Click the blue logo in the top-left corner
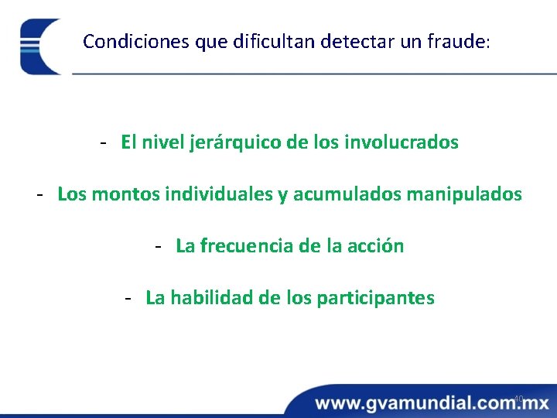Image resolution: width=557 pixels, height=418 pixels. coord(40,46)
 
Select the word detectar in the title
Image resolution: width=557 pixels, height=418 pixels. coord(352,41)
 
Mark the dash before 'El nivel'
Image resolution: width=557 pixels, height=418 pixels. coord(103,143)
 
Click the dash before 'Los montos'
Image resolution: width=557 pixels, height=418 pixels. coord(39,194)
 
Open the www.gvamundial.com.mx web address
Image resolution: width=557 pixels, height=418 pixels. coord(432,403)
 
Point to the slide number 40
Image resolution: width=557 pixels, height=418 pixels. coord(518,399)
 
